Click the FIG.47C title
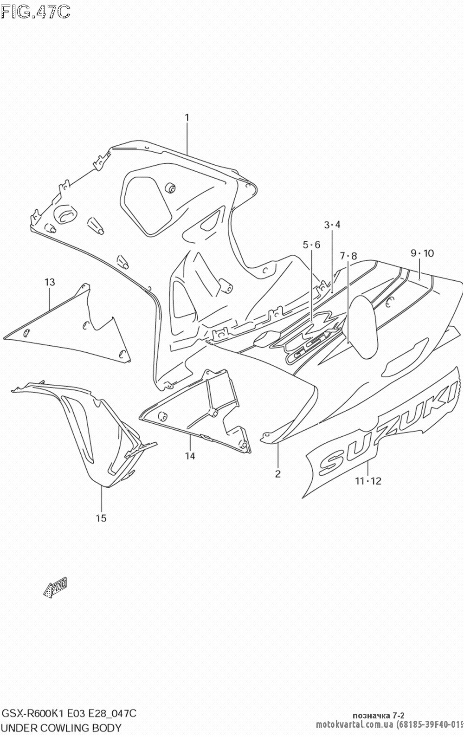click(36, 11)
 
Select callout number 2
click(277, 474)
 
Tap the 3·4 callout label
click(332, 225)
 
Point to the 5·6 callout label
click(312, 245)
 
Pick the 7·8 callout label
click(348, 256)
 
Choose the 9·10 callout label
click(422, 253)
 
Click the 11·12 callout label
click(368, 481)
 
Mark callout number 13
click(50, 282)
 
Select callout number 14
click(190, 456)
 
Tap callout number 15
click(101, 518)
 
